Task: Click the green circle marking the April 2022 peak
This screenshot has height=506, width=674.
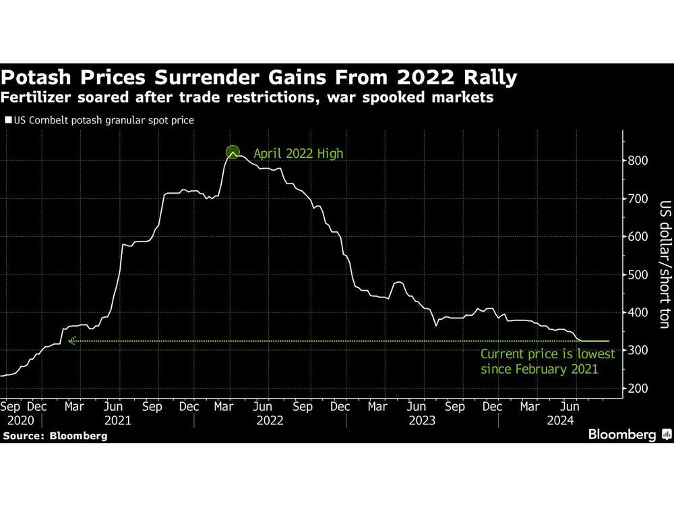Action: tap(233, 152)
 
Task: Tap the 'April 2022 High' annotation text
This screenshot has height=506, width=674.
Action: tap(298, 154)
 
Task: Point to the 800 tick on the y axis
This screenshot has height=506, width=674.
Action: tap(638, 161)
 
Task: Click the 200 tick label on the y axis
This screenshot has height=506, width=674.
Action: tap(638, 389)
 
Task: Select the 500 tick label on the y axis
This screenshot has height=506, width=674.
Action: tap(638, 293)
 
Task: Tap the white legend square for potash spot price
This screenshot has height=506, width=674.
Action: tap(8, 121)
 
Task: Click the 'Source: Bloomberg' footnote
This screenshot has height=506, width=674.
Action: tap(55, 436)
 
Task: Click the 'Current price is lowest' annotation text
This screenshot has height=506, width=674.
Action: tap(547, 354)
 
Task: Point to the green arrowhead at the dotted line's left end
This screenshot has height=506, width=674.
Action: tap(72, 341)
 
